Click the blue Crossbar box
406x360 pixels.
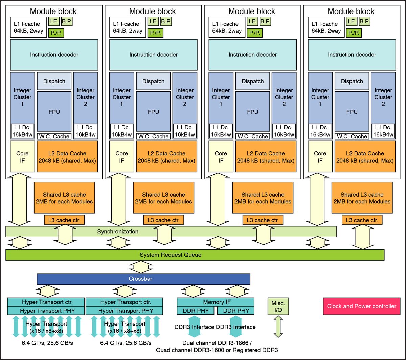[143, 279]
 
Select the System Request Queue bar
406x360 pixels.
[195, 255]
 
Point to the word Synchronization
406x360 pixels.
[118, 232]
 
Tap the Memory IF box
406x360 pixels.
[216, 302]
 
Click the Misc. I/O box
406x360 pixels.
[278, 306]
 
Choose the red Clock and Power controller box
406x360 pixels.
[361, 306]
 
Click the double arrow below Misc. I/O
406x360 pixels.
[278, 326]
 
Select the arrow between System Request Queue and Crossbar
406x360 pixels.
[141, 267]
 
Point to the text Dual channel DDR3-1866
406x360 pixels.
[217, 343]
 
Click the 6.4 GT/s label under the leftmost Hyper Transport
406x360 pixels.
[47, 343]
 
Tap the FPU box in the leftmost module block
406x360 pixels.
[54, 112]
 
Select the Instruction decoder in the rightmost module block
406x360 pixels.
[352, 55]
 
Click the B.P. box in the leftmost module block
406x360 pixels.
[67, 21]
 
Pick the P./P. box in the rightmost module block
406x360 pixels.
[354, 33]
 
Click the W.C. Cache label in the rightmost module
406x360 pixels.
[352, 136]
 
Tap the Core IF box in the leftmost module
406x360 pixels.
[22, 157]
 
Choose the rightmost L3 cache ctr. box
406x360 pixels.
[362, 220]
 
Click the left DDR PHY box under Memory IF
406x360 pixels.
[196, 311]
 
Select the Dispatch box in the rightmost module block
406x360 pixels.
[352, 81]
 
